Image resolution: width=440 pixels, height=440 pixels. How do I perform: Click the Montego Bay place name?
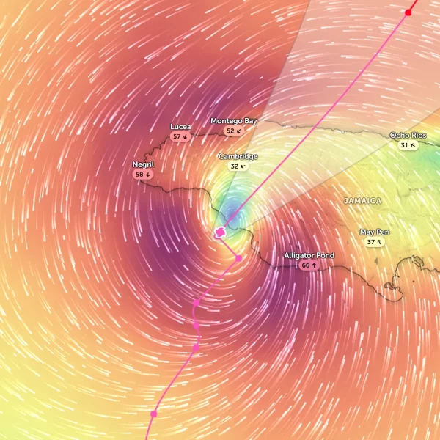tap(234, 120)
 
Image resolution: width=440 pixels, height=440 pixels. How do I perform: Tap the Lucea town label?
tap(180, 127)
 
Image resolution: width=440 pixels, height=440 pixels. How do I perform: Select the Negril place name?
tap(143, 164)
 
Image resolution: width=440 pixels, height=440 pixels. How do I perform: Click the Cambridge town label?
tap(238, 156)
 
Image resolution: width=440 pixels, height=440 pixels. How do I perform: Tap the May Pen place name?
tap(375, 232)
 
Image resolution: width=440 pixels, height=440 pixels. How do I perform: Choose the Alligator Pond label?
tap(309, 255)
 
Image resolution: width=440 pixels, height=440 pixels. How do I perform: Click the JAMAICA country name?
tap(362, 200)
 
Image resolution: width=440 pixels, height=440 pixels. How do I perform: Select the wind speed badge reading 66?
tap(309, 265)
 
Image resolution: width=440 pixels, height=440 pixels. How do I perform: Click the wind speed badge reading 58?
tap(142, 175)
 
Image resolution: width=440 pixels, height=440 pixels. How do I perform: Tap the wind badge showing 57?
tap(180, 136)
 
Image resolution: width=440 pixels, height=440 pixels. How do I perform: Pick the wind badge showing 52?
tap(233, 131)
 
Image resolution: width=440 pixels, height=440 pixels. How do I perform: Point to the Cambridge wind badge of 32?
tap(238, 166)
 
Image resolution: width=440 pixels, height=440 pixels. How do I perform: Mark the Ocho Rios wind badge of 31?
tap(408, 145)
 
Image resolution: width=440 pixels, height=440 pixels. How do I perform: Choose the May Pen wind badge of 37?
tap(375, 242)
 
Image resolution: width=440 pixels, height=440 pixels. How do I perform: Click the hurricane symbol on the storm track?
tap(219, 233)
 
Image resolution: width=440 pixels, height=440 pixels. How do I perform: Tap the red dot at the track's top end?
tap(408, 12)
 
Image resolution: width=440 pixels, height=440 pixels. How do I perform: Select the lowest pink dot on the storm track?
tap(153, 414)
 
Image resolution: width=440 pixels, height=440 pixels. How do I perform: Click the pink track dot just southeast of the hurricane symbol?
tap(238, 258)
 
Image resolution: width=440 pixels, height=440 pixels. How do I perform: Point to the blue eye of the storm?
tap(231, 215)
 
